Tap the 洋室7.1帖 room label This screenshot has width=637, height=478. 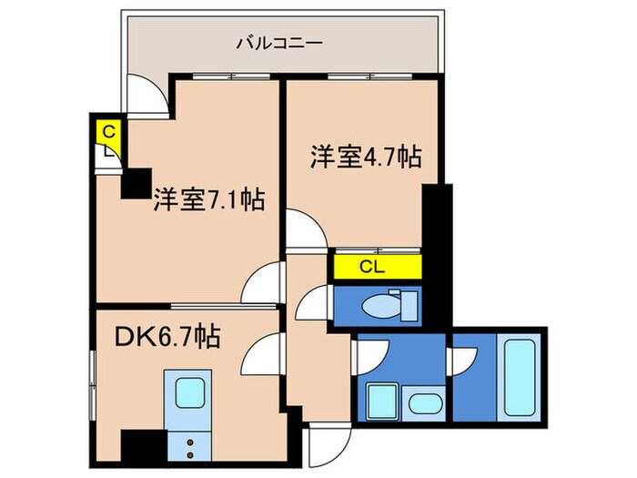click(x=208, y=199)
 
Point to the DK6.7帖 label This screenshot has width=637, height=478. click(x=166, y=338)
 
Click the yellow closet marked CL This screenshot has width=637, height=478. click(x=377, y=267)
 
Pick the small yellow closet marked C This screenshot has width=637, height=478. click(x=108, y=131)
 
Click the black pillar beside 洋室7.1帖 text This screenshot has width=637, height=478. click(x=136, y=184)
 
